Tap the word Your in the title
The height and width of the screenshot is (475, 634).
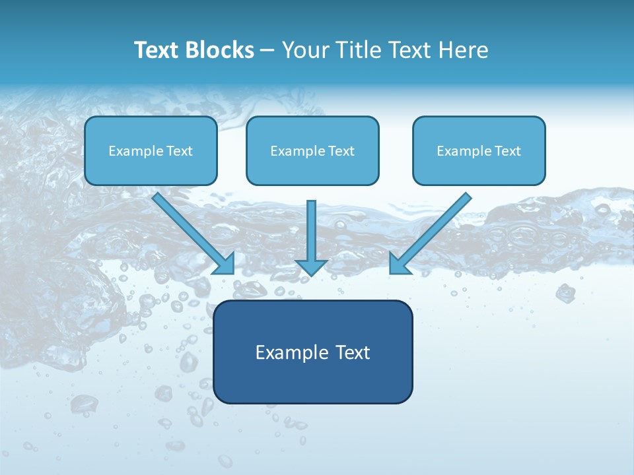[307, 50]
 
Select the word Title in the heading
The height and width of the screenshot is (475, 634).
[361, 50]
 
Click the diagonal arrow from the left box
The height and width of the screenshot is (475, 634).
[188, 228]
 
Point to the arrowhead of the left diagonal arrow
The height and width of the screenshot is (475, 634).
[225, 264]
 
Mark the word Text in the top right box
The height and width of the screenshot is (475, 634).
[507, 151]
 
